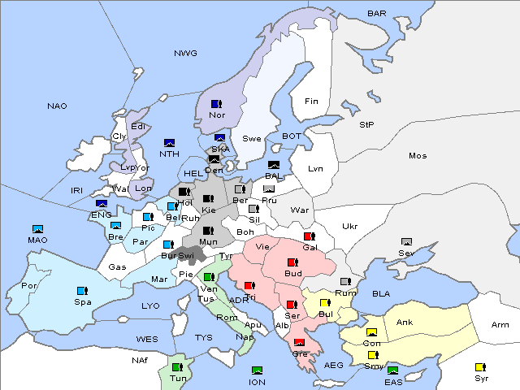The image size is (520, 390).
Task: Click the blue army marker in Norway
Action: [216, 104]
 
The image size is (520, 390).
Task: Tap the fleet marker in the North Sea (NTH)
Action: [169, 143]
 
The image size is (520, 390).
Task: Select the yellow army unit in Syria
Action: [479, 367]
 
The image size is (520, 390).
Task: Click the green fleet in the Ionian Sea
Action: [257, 370]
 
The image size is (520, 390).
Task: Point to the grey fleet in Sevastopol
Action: [406, 242]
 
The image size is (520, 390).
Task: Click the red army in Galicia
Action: [309, 236]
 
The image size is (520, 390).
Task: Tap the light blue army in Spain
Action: [81, 291]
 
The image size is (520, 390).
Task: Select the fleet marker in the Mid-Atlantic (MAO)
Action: [37, 229]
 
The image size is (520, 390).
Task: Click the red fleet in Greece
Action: [299, 342]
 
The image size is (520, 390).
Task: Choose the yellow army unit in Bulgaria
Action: [325, 303]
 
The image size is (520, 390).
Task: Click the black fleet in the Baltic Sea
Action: [274, 165]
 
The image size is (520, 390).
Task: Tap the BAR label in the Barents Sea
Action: [376, 14]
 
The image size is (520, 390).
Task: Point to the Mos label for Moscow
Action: [418, 155]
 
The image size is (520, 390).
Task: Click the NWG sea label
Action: [185, 53]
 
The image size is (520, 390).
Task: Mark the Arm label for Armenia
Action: [500, 325]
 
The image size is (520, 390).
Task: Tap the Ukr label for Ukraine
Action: [349, 226]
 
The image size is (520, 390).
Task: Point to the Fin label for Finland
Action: [310, 102]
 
